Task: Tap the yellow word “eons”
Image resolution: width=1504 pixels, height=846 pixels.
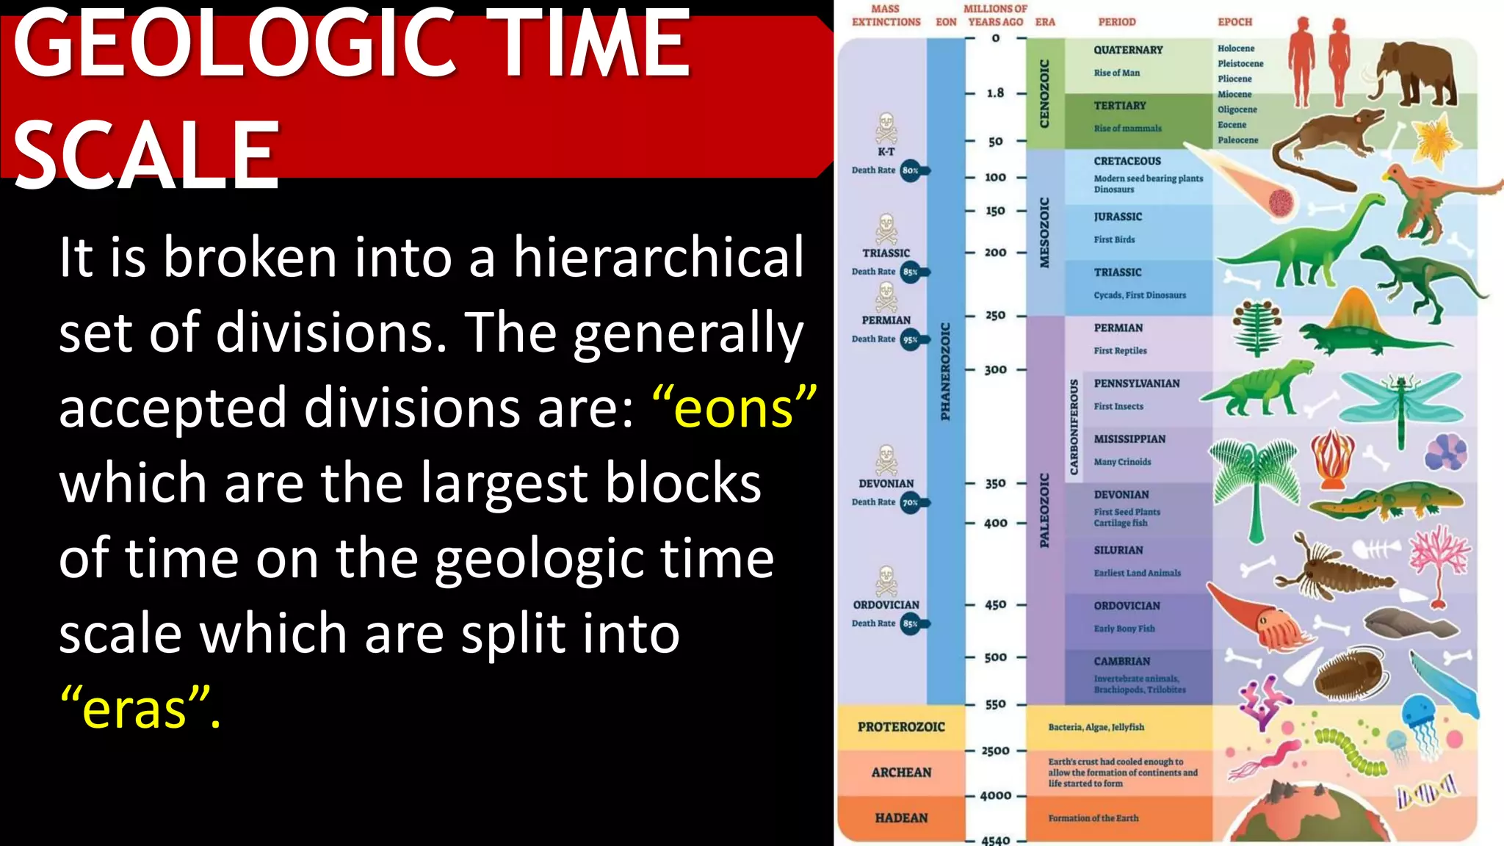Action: [734, 408]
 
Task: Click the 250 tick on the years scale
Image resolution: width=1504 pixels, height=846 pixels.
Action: [995, 315]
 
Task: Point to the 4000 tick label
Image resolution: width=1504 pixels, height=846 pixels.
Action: [995, 795]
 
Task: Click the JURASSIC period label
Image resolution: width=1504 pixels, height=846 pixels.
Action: [1118, 217]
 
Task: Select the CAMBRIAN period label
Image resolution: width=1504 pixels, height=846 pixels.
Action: [1121, 661]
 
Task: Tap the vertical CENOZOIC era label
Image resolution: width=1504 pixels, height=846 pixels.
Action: [1044, 94]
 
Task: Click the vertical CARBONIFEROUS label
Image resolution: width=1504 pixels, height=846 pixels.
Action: [1074, 427]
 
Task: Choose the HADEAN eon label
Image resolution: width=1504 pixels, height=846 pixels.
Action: [901, 818]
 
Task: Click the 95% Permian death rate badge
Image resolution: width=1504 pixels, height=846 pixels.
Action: [911, 339]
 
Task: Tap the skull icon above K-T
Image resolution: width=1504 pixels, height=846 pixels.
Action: [886, 128]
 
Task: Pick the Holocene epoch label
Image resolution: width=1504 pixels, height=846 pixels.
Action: [1236, 48]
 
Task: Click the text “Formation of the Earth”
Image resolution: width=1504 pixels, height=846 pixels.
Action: [1093, 818]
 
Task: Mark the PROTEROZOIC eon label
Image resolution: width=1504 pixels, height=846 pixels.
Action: [901, 727]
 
